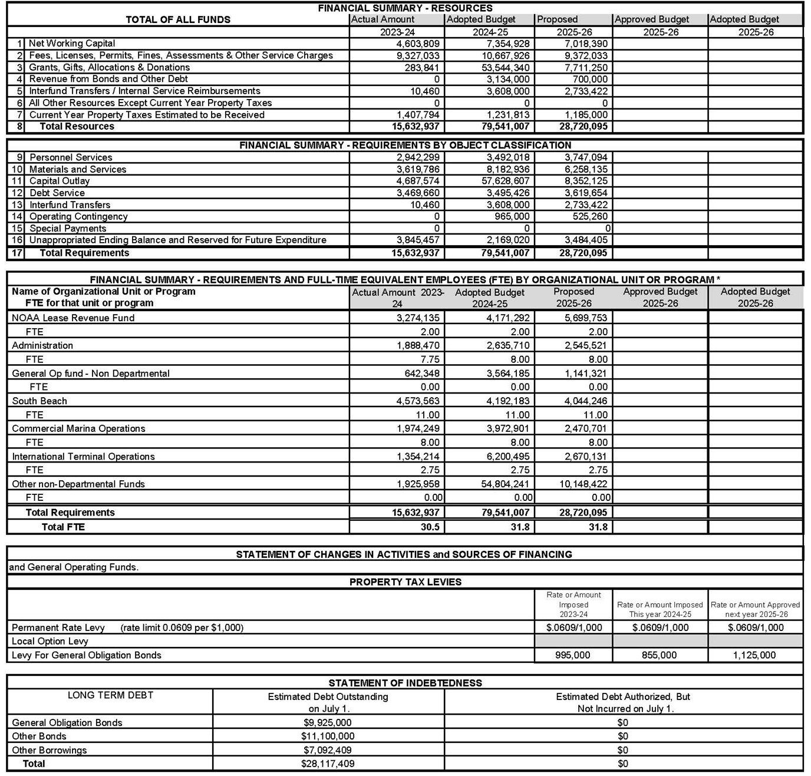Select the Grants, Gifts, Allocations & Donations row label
pyautogui.click(x=109, y=67)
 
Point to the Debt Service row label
pyautogui.click(x=57, y=193)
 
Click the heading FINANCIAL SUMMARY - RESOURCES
pyautogui.click(x=405, y=8)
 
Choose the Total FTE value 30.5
pyautogui.click(x=430, y=527)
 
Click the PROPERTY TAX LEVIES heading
pyautogui.click(x=405, y=582)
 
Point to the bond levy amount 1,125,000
pyautogui.click(x=755, y=655)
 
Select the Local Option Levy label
pyautogui.click(x=50, y=641)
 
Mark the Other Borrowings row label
pyautogui.click(x=49, y=750)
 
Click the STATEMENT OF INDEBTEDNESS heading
pyautogui.click(x=405, y=683)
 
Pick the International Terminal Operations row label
pyautogui.click(x=83, y=456)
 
